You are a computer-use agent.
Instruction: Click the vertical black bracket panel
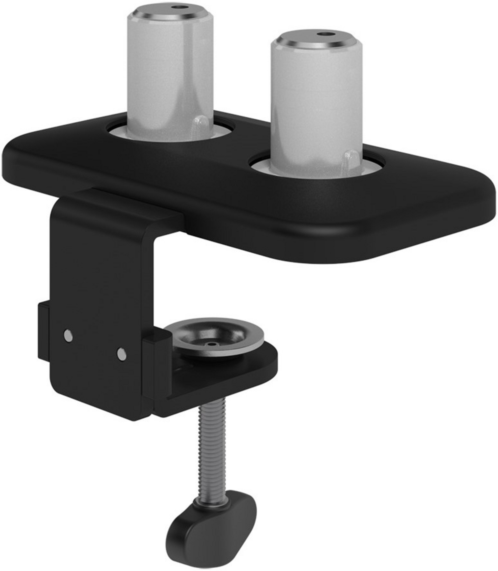[100, 278]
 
